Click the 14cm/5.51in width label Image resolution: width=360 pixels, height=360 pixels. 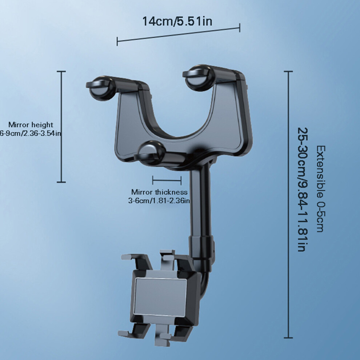point(177,21)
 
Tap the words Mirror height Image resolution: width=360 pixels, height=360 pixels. point(31,125)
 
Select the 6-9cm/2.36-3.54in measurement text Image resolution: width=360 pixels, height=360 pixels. point(30,133)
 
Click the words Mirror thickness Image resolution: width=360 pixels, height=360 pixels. point(159,192)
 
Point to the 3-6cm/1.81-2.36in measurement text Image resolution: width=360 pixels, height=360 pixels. point(159,201)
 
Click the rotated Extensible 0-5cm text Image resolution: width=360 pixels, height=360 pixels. point(321,189)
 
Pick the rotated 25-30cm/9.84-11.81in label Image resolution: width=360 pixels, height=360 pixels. point(302,190)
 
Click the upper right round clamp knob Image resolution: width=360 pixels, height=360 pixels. point(199,77)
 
